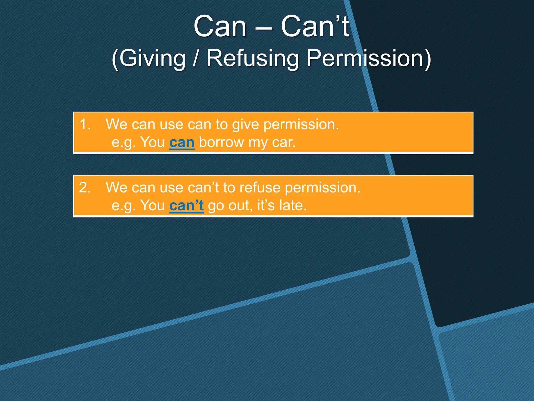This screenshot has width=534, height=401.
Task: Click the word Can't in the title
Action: [x=315, y=26]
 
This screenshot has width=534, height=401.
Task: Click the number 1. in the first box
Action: [x=85, y=124]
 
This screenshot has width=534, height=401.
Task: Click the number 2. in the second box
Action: [x=85, y=187]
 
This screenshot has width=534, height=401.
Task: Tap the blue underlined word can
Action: [x=182, y=143]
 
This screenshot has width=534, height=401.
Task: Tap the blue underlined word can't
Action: [x=186, y=205]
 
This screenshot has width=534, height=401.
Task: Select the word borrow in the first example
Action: [x=221, y=143]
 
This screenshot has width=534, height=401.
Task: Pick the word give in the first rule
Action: [x=245, y=125]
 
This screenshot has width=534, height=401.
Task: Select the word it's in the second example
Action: [x=266, y=205]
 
